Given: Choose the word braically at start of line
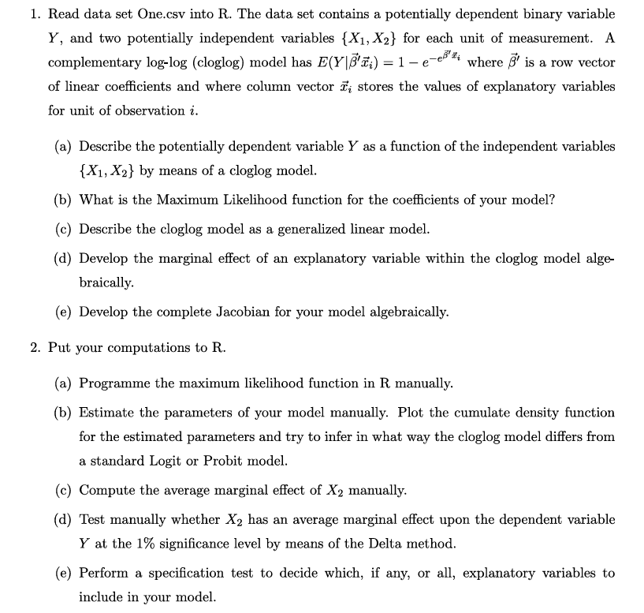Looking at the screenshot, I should click(106, 282).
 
